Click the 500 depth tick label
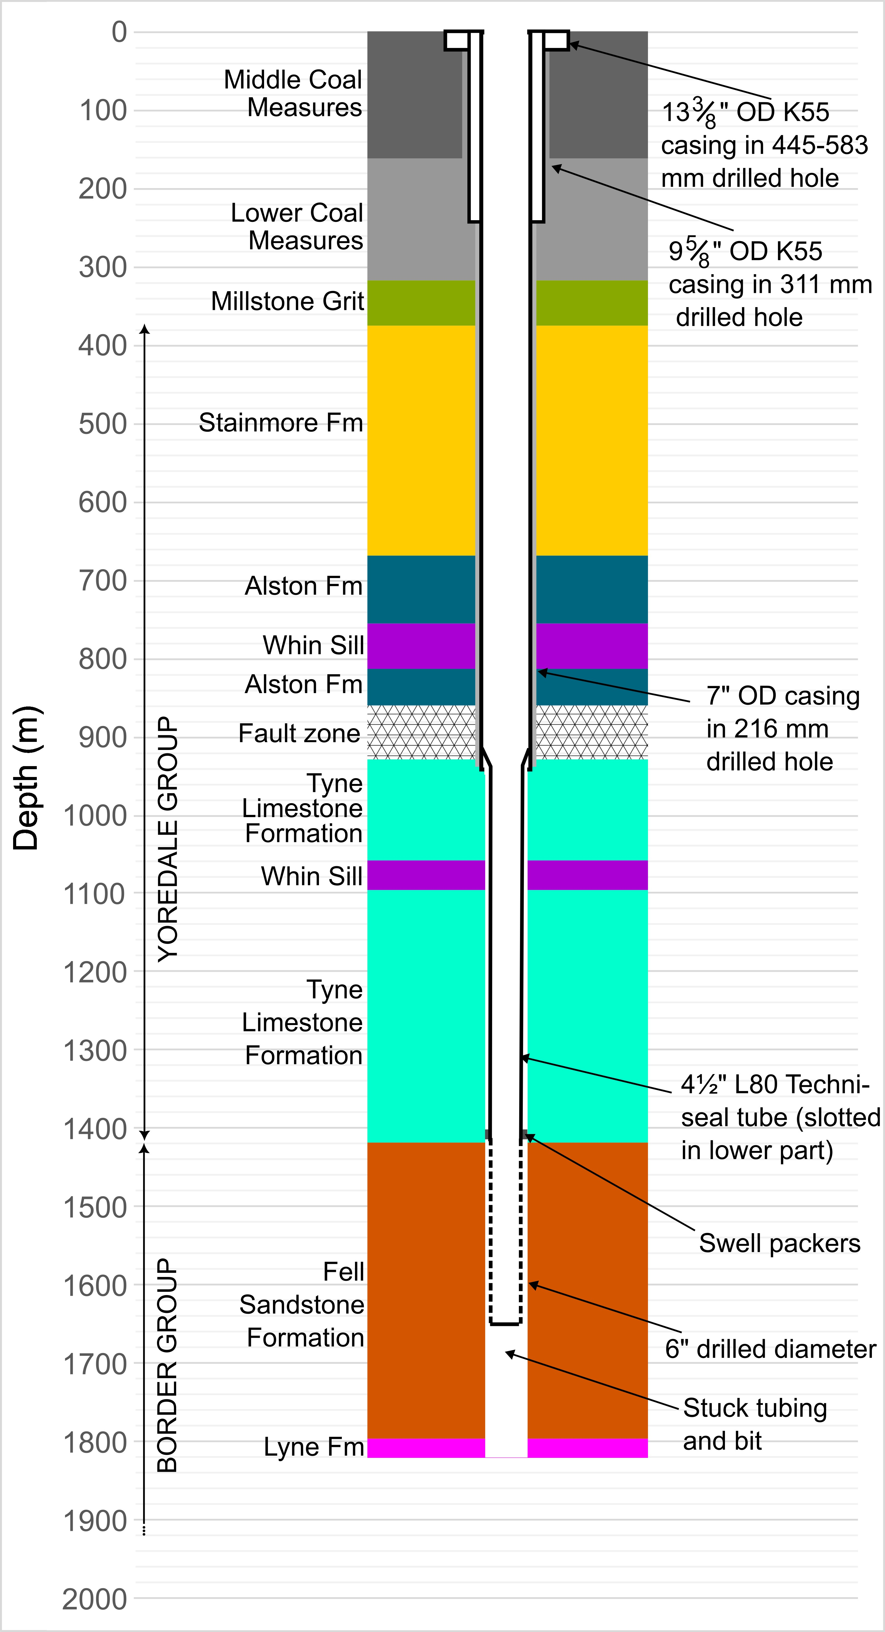click(x=103, y=424)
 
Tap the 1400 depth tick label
click(x=95, y=1129)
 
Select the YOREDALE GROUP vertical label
click(x=167, y=839)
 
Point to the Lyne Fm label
click(x=314, y=1446)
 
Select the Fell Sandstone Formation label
click(x=302, y=1305)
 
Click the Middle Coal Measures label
click(x=293, y=93)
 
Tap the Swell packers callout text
click(x=780, y=1243)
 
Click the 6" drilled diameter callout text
click(x=770, y=1349)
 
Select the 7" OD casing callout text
click(x=783, y=728)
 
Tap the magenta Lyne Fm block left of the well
click(x=426, y=1448)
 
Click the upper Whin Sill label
click(x=313, y=645)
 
